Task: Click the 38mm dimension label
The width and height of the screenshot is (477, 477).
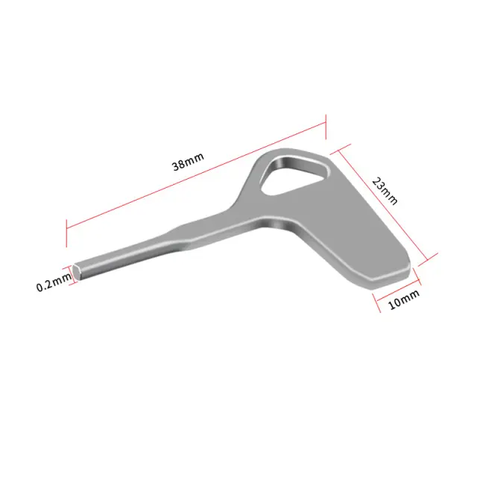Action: [x=188, y=162]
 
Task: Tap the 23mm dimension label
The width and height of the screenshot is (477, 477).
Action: [x=385, y=191]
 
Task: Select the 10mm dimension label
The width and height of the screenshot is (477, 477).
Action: [x=404, y=300]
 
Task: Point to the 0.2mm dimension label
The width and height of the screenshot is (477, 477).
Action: [x=54, y=282]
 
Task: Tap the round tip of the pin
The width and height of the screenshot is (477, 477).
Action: [x=77, y=271]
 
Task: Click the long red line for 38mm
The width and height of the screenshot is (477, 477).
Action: [x=196, y=175]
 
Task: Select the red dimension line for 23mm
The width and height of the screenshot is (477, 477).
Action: [x=383, y=206]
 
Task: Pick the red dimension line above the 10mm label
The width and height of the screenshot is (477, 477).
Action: [x=398, y=290]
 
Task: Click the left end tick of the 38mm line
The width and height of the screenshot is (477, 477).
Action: [x=66, y=233]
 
